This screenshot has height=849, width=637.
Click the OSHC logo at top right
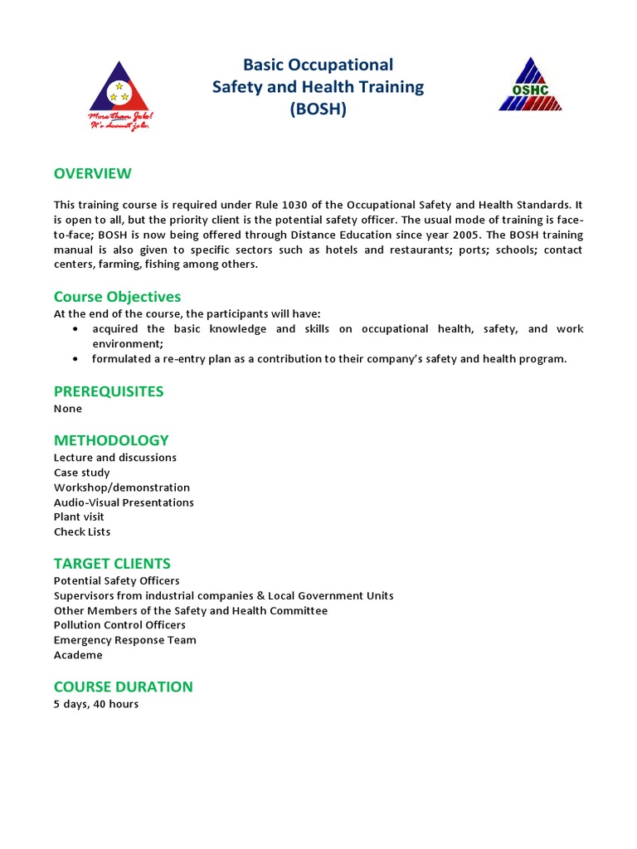[530, 85]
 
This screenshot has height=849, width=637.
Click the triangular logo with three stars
[123, 94]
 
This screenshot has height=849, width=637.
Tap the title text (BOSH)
[318, 109]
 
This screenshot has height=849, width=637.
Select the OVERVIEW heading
[93, 173]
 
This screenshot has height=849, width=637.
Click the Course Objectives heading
[117, 296]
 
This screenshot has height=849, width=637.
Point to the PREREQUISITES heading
[109, 391]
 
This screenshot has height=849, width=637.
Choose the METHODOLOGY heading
[111, 439]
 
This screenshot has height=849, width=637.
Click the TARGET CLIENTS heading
[112, 564]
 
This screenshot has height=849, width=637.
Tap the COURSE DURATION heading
[123, 686]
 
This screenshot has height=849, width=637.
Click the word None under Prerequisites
[68, 409]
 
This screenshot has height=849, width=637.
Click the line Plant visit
[79, 517]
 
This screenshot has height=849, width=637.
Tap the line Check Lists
[82, 531]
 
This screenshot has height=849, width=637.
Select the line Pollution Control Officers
[119, 625]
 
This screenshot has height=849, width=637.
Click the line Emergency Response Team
[124, 640]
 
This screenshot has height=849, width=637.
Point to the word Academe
[78, 655]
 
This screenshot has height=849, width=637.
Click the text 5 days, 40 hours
[96, 705]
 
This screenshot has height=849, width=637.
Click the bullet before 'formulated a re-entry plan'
[75, 359]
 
